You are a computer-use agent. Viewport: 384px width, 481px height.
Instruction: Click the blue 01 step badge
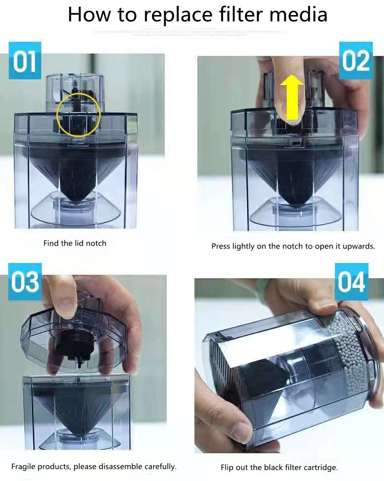(25, 61)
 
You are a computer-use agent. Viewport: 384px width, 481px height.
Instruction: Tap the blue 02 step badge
(356, 61)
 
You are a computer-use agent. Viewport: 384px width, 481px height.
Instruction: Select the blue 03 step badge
(25, 282)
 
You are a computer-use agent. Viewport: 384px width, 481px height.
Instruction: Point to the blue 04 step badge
(351, 282)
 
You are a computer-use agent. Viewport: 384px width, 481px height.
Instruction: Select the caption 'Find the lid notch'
(75, 243)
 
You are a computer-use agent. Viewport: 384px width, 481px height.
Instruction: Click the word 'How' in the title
(89, 15)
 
